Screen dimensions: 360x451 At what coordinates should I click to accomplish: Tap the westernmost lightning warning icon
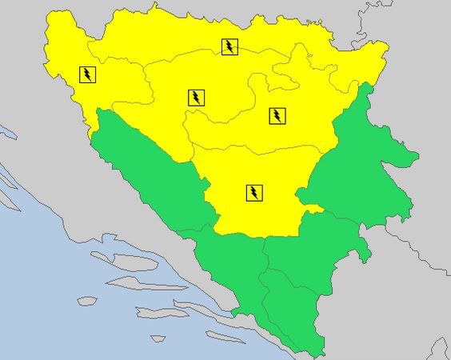pyautogui.click(x=87, y=75)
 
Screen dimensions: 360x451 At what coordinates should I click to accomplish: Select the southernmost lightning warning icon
pyautogui.click(x=253, y=192)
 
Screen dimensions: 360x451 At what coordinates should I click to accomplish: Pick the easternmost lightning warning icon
pyautogui.click(x=277, y=115)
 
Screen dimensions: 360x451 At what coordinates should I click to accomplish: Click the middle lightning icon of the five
pyautogui.click(x=196, y=98)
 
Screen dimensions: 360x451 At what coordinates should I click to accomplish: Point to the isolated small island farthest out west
pyautogui.click(x=86, y=301)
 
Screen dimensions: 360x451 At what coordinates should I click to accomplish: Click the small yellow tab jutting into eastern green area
pyautogui.click(x=313, y=210)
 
